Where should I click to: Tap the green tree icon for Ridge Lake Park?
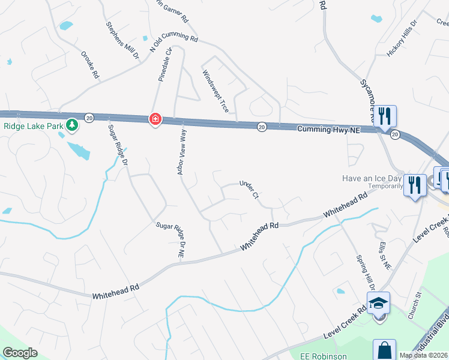(72, 125)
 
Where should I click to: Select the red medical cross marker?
(155, 119)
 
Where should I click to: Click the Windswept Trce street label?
(215, 91)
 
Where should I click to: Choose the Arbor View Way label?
(182, 153)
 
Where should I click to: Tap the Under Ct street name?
(249, 190)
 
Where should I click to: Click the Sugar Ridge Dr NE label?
(170, 239)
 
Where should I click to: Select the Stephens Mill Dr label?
(122, 40)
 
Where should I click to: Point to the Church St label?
(415, 305)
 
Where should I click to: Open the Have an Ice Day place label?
(372, 178)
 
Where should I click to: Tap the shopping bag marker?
(384, 350)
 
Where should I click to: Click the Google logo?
(20, 353)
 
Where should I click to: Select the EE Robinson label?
(324, 356)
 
